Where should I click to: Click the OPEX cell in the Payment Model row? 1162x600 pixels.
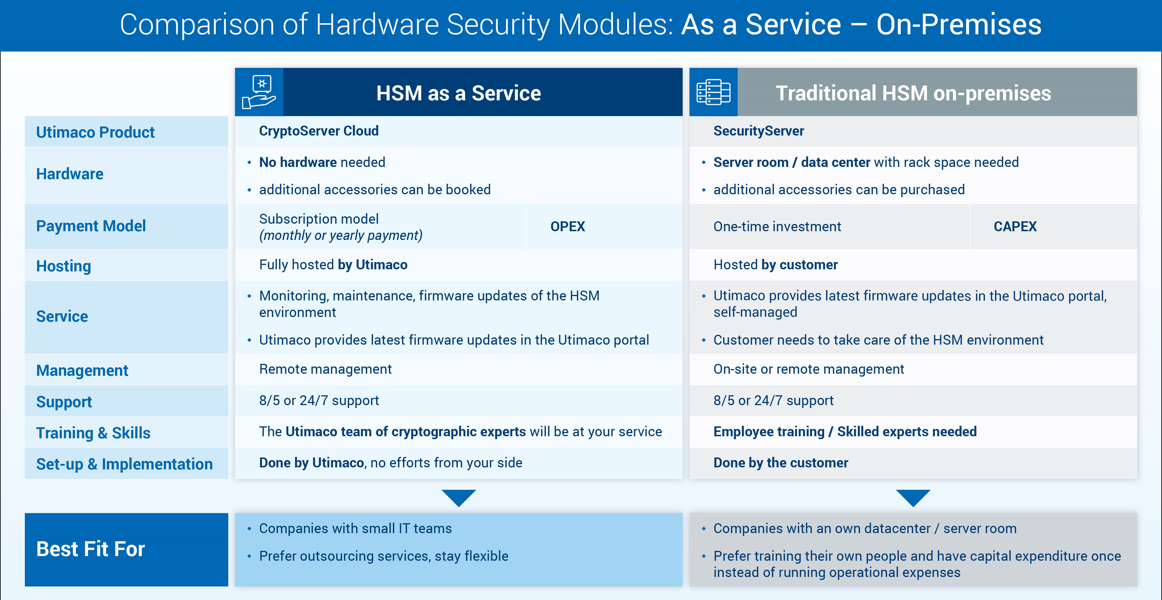tap(567, 226)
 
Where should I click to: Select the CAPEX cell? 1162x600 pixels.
tap(1015, 226)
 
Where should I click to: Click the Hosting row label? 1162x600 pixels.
tap(64, 266)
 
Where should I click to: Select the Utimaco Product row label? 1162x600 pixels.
tap(95, 132)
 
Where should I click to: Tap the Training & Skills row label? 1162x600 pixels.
tap(93, 432)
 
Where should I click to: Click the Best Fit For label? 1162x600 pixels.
tap(90, 549)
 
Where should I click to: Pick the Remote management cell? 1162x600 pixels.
tap(325, 369)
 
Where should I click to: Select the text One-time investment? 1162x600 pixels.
tap(777, 226)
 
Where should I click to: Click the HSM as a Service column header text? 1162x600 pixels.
tap(458, 93)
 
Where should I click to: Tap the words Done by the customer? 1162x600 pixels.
tap(780, 463)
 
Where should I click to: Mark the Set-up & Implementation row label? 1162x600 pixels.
tap(124, 464)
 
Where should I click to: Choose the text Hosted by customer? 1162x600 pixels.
tap(775, 265)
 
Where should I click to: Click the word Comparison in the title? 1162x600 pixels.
tap(197, 24)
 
